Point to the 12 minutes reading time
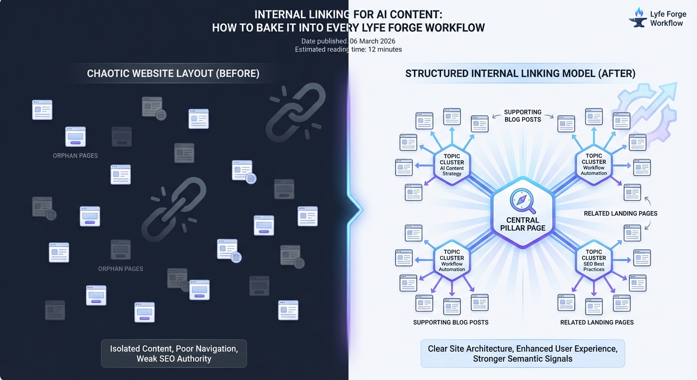tap(385, 49)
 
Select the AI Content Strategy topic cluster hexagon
tap(451, 165)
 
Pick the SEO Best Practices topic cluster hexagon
tap(594, 260)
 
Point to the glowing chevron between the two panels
tap(355, 210)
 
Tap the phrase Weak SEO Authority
tap(174, 359)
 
